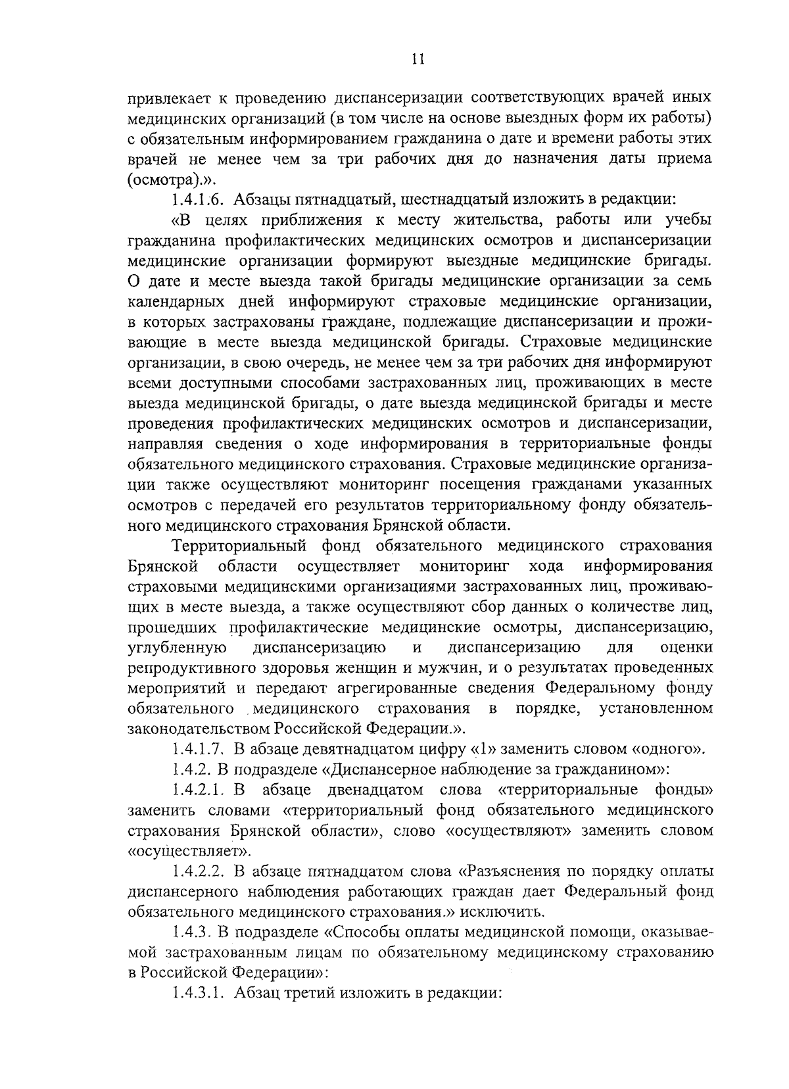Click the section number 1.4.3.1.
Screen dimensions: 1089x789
[x=201, y=993]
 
